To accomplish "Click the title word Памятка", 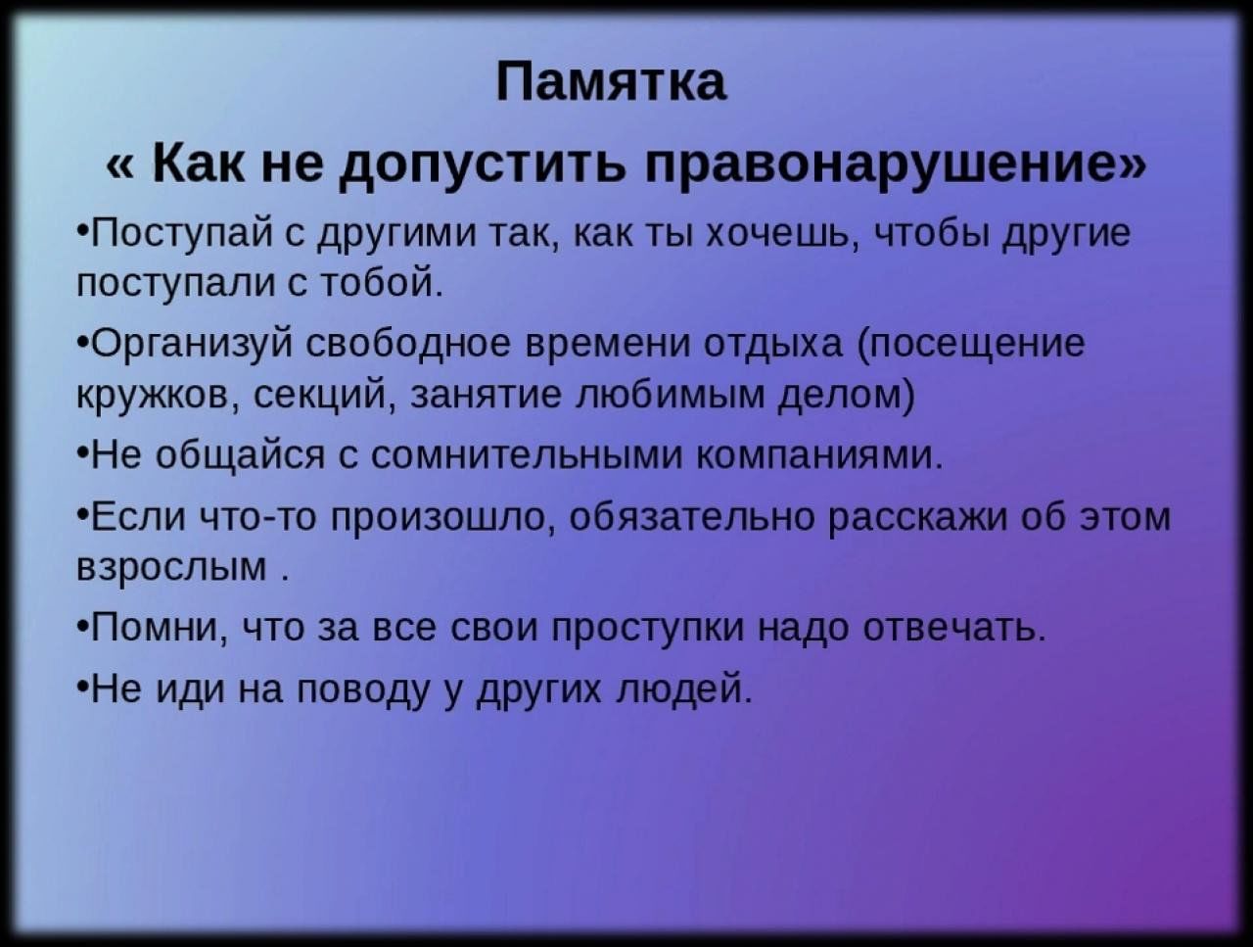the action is coord(611,81).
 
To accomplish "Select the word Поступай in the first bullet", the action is coord(181,234).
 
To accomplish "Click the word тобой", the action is coord(382,282).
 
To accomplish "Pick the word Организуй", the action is coord(192,345).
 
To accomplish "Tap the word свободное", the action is coord(409,344).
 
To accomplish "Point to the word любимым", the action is coord(671,394).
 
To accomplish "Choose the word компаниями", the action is coord(819,455).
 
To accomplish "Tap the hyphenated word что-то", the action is coord(259,518).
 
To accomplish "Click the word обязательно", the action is coord(692,517).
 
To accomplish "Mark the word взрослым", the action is coord(172,568).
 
